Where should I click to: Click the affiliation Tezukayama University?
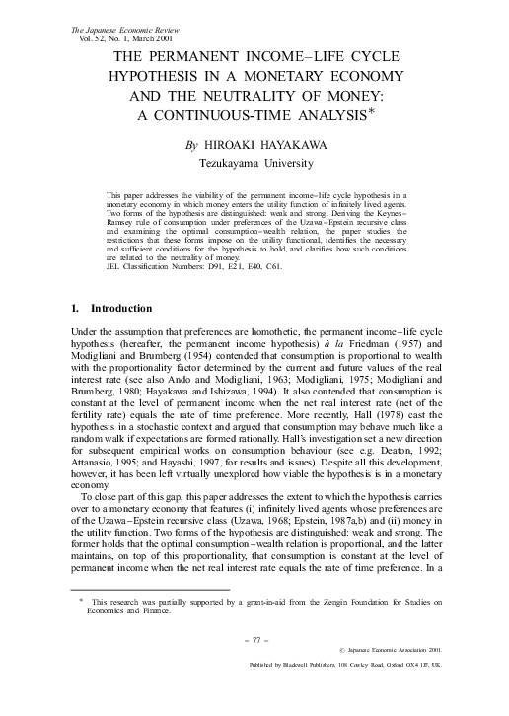click(254, 162)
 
